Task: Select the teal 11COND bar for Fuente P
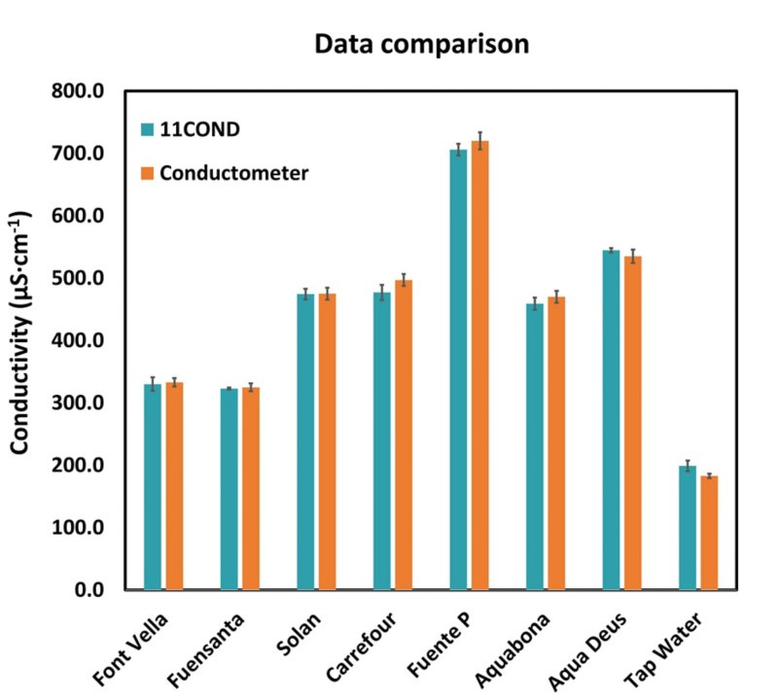point(458,369)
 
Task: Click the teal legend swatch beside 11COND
point(148,128)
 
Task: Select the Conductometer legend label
point(233,173)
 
